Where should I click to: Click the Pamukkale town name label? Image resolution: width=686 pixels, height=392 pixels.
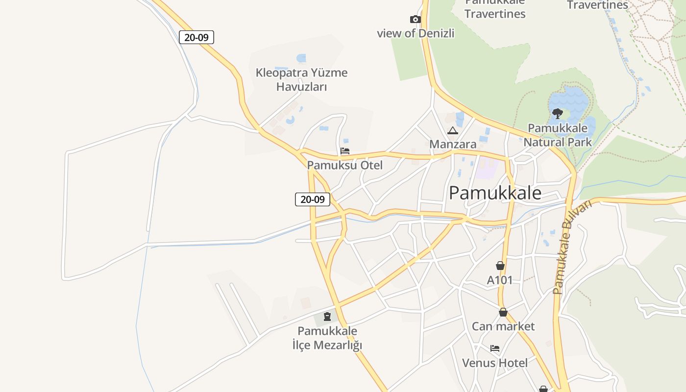click(x=495, y=193)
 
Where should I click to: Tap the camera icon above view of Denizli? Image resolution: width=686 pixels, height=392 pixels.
click(x=415, y=20)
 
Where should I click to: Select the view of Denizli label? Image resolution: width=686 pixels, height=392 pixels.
click(x=416, y=33)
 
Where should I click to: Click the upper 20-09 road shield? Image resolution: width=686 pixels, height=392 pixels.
click(x=196, y=37)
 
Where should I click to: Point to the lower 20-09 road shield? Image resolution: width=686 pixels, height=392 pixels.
click(x=313, y=199)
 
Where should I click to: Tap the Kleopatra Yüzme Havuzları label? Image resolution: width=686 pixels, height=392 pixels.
click(x=301, y=80)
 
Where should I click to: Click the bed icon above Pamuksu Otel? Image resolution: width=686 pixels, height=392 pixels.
click(x=345, y=151)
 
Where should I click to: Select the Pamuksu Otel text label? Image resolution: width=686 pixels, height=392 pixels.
click(x=345, y=165)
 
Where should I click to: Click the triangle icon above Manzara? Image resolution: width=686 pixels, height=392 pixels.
click(x=452, y=130)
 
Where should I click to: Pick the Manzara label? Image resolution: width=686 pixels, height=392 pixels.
click(x=453, y=144)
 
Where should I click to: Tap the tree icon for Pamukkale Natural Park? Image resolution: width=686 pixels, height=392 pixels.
click(x=557, y=114)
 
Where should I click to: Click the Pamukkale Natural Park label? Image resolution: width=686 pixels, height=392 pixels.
click(x=558, y=135)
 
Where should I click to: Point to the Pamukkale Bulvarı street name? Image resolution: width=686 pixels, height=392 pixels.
click(x=572, y=247)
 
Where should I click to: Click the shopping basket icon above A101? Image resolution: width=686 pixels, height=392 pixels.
click(x=500, y=266)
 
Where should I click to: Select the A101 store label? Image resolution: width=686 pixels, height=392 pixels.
click(x=500, y=280)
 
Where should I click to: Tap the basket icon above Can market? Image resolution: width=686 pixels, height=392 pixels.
click(x=503, y=312)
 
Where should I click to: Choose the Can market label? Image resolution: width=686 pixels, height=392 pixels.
click(x=503, y=326)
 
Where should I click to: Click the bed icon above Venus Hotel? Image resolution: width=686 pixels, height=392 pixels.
click(x=495, y=348)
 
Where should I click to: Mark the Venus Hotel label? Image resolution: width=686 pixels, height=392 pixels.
click(x=495, y=363)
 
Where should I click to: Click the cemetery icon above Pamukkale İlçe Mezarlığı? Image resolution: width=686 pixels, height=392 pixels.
click(x=327, y=317)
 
